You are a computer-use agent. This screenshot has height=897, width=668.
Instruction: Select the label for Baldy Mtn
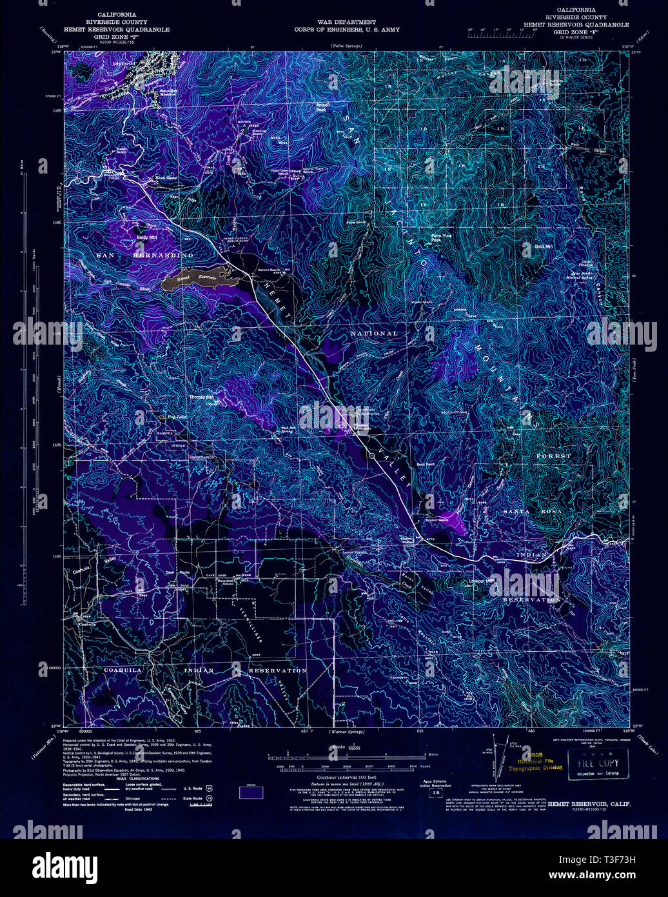pos(146,237)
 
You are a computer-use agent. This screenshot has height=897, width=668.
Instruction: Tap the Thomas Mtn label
pos(201,398)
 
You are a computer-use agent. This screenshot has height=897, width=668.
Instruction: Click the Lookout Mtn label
pos(482,581)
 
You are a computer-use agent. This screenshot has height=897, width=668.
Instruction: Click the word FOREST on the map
pos(553,456)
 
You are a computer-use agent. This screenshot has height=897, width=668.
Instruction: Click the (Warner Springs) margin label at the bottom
pos(346,732)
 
